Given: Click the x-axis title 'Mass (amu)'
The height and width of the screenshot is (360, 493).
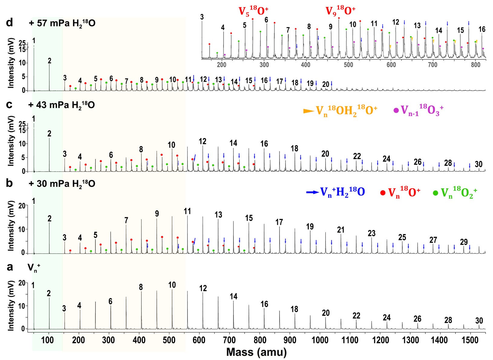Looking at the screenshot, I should [x=256, y=352].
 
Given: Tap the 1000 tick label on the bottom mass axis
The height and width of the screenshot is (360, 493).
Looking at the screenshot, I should [x=319, y=340].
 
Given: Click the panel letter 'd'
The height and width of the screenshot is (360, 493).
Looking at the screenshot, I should [x=10, y=23].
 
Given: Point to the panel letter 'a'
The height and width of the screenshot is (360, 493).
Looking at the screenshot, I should [x=10, y=267].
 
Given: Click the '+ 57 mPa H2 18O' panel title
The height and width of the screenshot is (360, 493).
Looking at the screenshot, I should [x=62, y=23].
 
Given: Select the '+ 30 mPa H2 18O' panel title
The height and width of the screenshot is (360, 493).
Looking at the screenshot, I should [x=62, y=184].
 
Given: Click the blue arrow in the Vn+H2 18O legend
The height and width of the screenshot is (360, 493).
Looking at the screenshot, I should [x=312, y=192].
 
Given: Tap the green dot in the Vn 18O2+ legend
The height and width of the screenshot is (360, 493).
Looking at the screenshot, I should [x=435, y=193].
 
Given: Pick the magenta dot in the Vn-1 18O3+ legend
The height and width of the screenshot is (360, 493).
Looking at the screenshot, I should [x=396, y=110].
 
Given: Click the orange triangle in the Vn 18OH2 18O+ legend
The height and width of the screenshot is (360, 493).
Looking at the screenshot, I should [x=309, y=111].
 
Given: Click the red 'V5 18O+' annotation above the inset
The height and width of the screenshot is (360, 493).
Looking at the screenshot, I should [x=253, y=11].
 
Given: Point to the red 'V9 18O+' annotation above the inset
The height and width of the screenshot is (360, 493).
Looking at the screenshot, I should [x=340, y=11].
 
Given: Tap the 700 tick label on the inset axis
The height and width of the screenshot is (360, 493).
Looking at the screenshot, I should [x=433, y=65].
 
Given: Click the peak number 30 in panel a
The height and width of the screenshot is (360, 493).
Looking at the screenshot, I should [x=479, y=321].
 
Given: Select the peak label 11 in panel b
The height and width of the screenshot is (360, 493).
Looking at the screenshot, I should [x=187, y=211].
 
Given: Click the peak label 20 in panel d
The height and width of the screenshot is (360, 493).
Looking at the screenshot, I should [x=325, y=84].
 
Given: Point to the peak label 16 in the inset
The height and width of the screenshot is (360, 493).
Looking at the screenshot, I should [x=482, y=29].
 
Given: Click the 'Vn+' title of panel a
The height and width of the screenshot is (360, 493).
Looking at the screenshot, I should [x=34, y=268].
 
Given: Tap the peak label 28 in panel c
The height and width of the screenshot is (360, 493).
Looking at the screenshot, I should [x=448, y=163].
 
